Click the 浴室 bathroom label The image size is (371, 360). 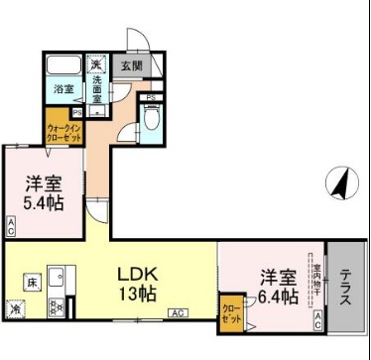pos(63,88)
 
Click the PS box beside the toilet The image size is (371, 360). pos(150,96)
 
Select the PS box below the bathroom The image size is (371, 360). pos(49,113)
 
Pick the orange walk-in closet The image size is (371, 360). pos(63,130)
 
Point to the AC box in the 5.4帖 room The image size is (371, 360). pos(10,231)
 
